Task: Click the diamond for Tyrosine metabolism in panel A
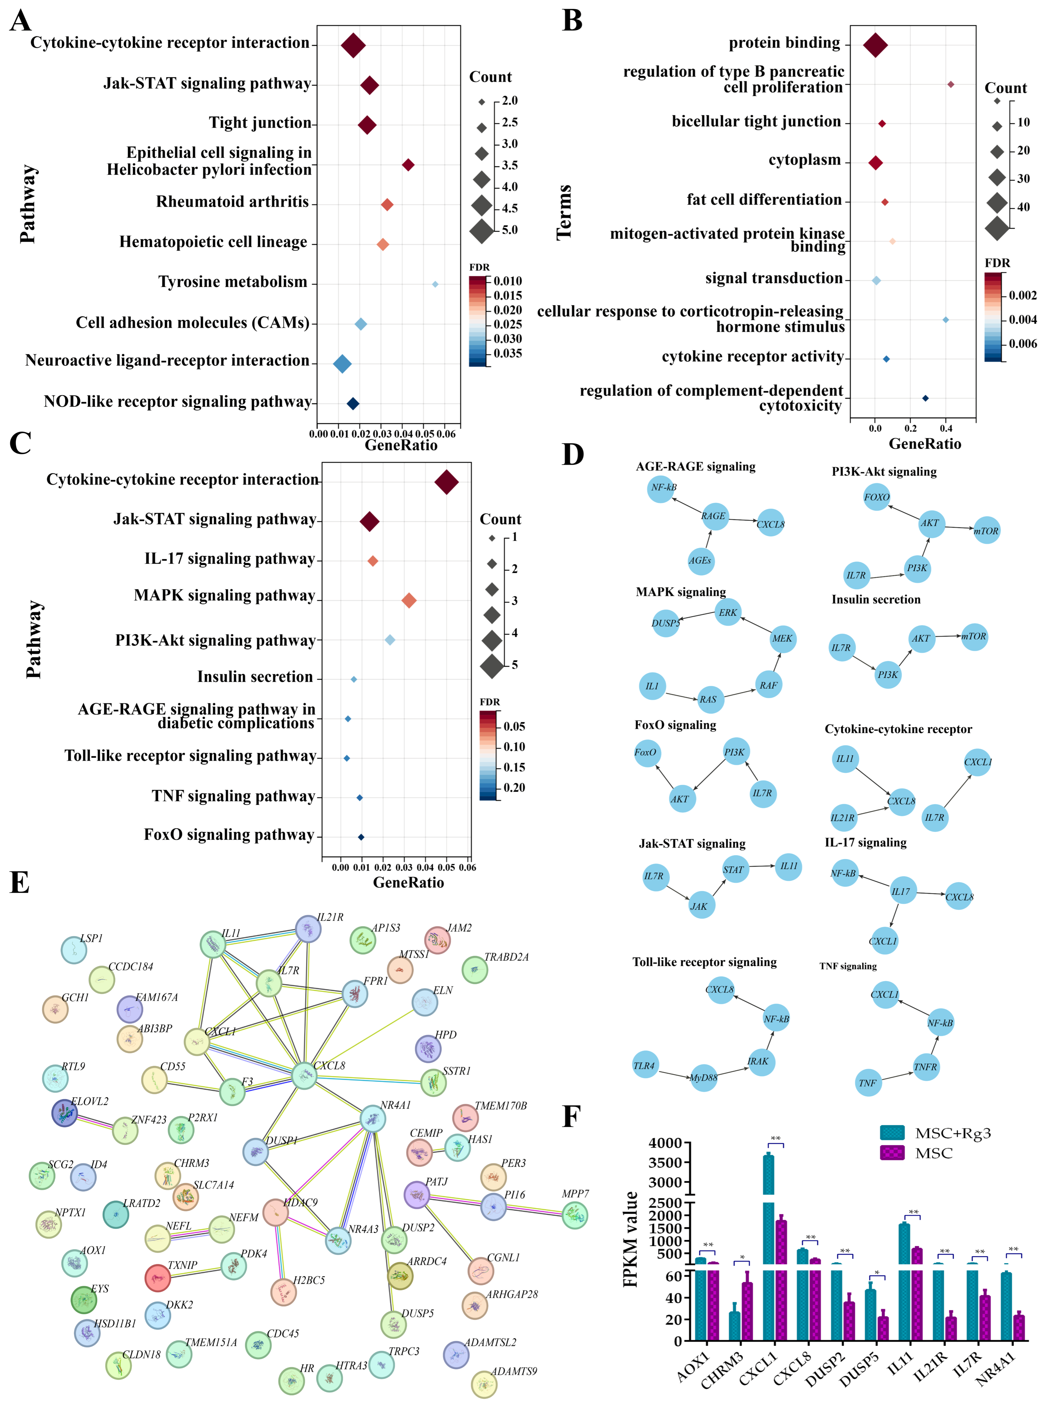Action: pyautogui.click(x=435, y=284)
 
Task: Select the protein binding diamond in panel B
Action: pyautogui.click(x=875, y=45)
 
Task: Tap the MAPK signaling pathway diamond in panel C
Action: pyautogui.click(x=409, y=600)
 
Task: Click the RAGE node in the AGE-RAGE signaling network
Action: pyautogui.click(x=713, y=516)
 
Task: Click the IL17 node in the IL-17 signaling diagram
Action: pyautogui.click(x=901, y=891)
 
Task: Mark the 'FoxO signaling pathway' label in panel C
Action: pyautogui.click(x=229, y=835)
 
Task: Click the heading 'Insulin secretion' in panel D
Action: pyautogui.click(x=876, y=600)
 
